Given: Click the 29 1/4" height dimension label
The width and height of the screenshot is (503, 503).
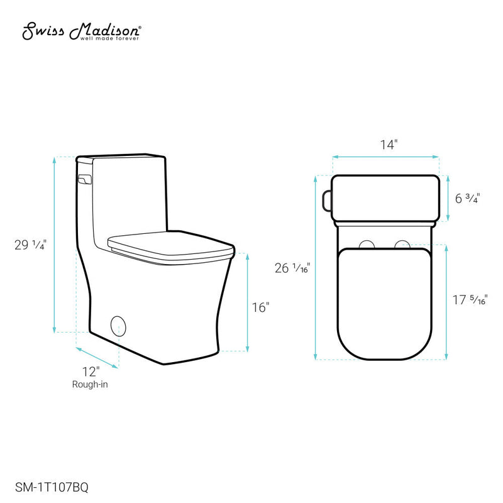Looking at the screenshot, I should pyautogui.click(x=29, y=245).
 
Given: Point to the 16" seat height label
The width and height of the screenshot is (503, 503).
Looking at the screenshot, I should pyautogui.click(x=260, y=307).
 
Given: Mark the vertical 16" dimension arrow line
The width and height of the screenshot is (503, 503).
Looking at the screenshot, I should pyautogui.click(x=248, y=302).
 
